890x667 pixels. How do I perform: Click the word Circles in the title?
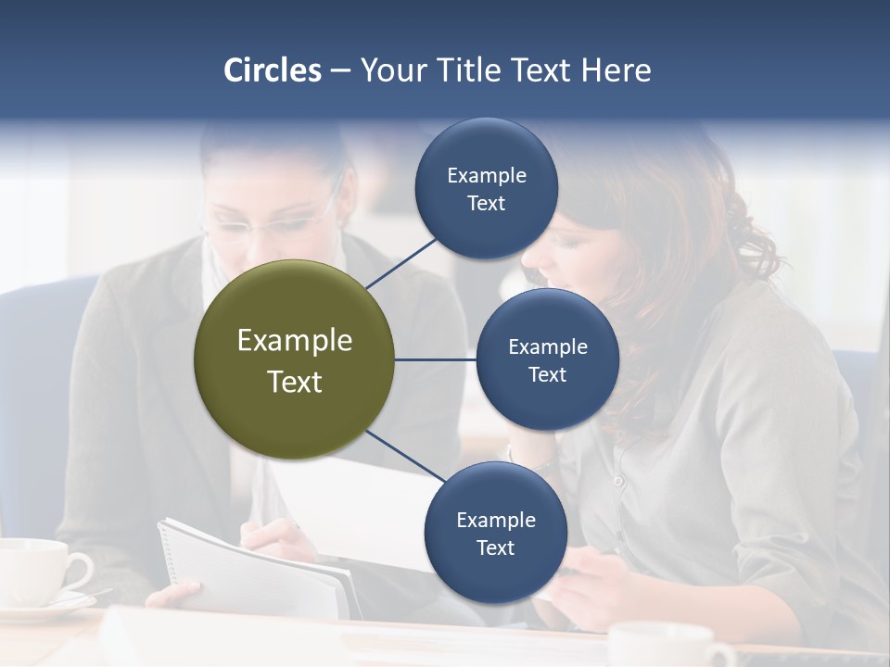(272, 70)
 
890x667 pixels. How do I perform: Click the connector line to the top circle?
(402, 262)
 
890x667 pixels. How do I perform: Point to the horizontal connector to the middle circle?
(435, 359)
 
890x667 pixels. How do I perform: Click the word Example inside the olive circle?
(294, 341)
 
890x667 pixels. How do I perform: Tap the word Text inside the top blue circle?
(486, 204)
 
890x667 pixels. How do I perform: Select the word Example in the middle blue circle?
(547, 347)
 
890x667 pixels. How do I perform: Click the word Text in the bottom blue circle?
(495, 547)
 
